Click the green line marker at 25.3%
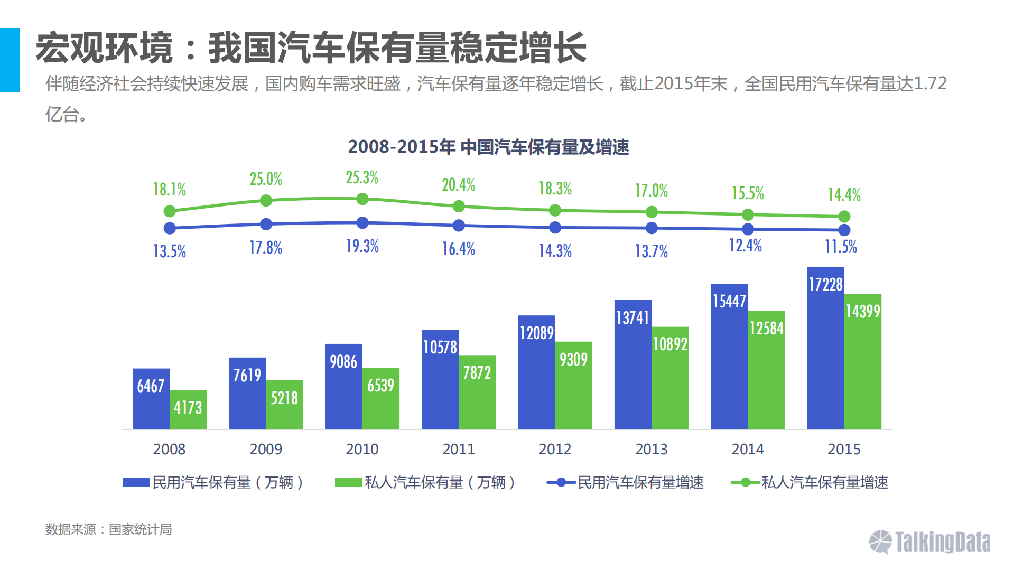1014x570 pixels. point(362,199)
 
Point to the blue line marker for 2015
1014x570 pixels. point(844,230)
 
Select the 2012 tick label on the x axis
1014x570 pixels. point(555,449)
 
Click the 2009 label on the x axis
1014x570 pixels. point(266,449)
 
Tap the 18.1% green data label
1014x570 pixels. point(170,189)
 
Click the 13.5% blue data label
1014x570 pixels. point(170,251)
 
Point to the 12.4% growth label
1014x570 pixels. point(746,246)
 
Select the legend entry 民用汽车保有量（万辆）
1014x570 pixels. point(213,482)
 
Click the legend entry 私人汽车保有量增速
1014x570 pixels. point(810,482)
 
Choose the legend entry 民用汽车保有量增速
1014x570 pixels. point(626,482)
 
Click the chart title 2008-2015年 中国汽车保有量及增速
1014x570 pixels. point(488,147)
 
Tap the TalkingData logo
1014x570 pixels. point(930,542)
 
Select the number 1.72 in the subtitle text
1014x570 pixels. point(930,83)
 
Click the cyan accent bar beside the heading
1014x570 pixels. point(10,60)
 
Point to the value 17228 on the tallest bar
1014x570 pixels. point(826,285)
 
